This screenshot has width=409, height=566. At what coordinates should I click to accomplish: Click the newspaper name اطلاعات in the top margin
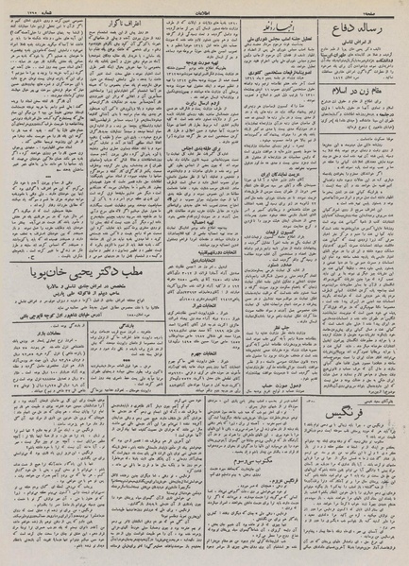203,6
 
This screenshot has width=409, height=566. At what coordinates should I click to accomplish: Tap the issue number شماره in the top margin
28,6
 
